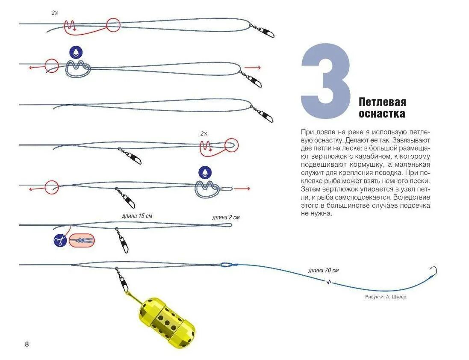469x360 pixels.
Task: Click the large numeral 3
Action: (x=326, y=81)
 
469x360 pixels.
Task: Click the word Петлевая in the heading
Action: (x=382, y=102)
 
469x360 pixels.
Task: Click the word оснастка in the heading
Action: (x=382, y=114)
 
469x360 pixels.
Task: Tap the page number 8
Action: (x=27, y=344)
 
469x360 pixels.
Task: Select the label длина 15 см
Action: (x=137, y=216)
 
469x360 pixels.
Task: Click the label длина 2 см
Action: (x=226, y=217)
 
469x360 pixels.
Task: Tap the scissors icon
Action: (x=60, y=241)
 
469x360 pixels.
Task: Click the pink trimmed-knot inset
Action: (x=82, y=241)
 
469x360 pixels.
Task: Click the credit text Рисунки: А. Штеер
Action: (x=386, y=297)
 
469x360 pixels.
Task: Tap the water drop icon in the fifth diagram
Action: (x=205, y=172)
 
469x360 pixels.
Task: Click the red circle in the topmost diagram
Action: (x=113, y=25)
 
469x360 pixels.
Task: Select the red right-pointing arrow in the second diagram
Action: (x=252, y=68)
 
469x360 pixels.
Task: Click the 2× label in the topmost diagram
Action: (x=55, y=13)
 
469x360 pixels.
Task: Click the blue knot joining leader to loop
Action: (x=226, y=265)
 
